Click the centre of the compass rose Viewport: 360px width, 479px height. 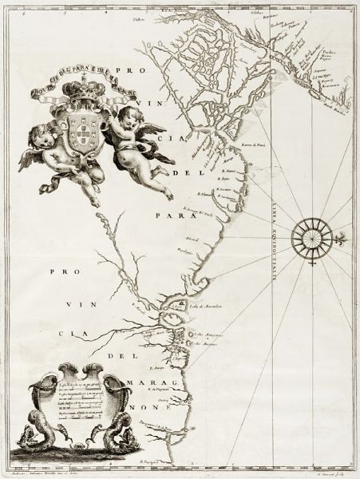(x=309, y=236)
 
